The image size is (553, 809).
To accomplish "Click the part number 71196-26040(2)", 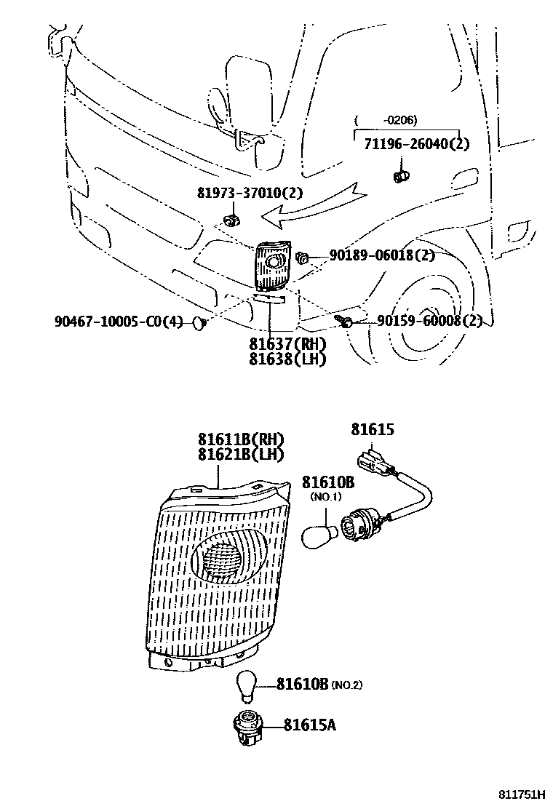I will pos(416,144).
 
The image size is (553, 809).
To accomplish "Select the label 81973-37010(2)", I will pos(250,194).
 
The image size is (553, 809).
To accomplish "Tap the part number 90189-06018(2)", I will pos(381,255).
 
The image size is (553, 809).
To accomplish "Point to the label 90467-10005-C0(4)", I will pos(119,322).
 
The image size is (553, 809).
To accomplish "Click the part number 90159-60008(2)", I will pos(429,321).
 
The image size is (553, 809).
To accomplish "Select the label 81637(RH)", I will pos(287,345).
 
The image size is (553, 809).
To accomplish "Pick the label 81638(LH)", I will pos(287,359).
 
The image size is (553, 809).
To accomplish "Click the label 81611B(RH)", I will pos(240,439).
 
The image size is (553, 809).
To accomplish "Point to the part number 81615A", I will pos(309,725).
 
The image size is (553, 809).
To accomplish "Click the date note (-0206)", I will pos(386,120).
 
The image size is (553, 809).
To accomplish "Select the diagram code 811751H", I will pos(523,795).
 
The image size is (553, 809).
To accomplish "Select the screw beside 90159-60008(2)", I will pos(345,320).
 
